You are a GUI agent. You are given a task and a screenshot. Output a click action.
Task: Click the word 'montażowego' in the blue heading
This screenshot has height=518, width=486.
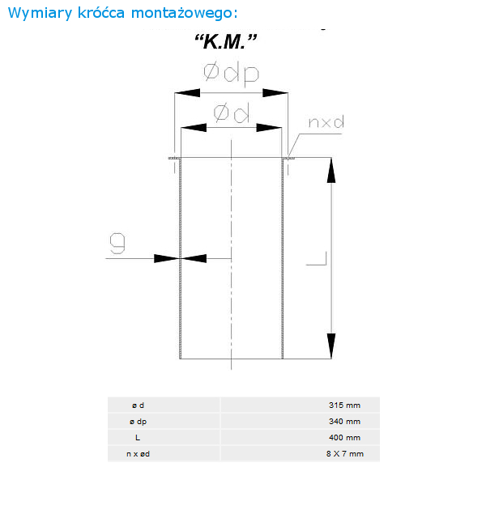pos(184,14)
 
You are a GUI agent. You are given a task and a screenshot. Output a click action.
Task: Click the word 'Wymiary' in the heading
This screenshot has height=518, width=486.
pos(40,14)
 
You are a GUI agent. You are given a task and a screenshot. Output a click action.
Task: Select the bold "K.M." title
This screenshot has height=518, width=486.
pos(225,41)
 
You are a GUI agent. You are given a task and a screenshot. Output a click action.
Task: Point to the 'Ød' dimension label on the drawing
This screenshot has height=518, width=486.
pos(232,113)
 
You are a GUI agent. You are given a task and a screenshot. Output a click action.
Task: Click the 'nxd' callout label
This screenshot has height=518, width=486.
pos(326,122)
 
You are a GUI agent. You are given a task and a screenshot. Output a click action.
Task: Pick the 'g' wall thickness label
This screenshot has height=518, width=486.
pos(117,243)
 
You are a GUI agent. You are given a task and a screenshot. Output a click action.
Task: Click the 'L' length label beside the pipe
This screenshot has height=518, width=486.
pos(317,258)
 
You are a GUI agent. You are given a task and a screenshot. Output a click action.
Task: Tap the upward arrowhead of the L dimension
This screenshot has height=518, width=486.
pos(331,171)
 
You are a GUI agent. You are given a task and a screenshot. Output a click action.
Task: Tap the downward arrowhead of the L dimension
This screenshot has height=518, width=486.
pos(331,346)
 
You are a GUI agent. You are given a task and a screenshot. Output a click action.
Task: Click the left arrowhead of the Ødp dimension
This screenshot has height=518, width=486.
pos(187,93)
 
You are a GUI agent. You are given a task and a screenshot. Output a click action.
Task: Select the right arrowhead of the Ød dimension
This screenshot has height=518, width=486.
pos(269,128)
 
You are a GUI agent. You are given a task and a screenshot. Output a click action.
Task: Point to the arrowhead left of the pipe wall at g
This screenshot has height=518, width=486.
pos(167,258)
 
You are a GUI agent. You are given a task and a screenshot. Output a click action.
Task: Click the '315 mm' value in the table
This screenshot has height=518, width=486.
pos(344,405)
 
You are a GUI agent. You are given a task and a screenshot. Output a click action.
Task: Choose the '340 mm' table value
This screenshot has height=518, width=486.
pos(344,421)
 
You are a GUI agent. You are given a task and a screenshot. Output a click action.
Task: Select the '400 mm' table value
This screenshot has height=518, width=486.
pos(344,437)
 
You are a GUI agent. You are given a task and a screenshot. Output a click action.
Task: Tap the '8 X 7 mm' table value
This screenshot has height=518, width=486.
pos(345,453)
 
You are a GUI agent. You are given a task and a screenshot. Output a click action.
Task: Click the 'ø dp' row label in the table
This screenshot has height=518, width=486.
pos(139,422)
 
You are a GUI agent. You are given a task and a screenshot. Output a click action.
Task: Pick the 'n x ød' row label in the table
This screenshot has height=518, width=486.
pos(139,454)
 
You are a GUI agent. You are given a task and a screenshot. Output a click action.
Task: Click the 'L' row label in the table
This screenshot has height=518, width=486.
pos(138,437)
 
